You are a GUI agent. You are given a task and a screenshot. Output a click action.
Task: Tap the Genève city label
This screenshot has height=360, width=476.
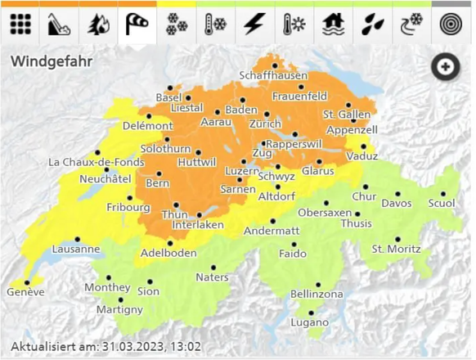[x=25, y=292]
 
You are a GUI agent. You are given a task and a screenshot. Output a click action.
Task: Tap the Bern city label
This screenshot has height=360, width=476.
[x=157, y=184]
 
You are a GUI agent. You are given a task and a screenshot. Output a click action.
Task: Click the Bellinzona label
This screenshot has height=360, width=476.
[x=317, y=294]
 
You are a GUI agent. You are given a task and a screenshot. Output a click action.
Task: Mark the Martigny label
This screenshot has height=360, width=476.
[x=119, y=309]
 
